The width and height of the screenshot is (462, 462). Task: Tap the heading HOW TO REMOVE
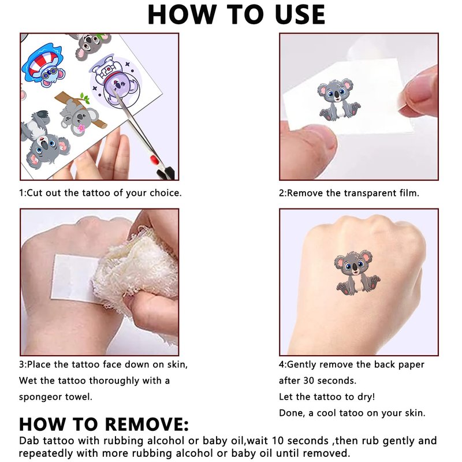pyautogui.click(x=103, y=424)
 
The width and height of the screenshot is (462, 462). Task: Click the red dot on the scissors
pyautogui.click(x=154, y=160)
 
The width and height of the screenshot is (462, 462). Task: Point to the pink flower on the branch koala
pyautogui.click(x=81, y=128)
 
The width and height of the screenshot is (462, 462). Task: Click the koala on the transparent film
pyautogui.click(x=338, y=99)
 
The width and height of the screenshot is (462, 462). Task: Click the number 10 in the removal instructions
pyautogui.click(x=278, y=441)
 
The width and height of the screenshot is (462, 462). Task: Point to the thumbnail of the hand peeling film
pyautogui.click(x=359, y=106)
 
